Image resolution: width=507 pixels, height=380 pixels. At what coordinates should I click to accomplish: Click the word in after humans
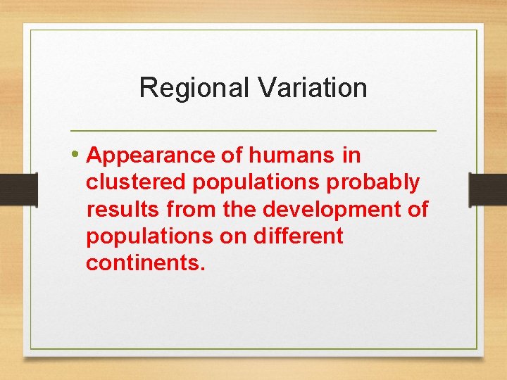coord(351,156)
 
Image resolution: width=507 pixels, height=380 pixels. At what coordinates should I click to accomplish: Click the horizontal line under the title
coord(254,131)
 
